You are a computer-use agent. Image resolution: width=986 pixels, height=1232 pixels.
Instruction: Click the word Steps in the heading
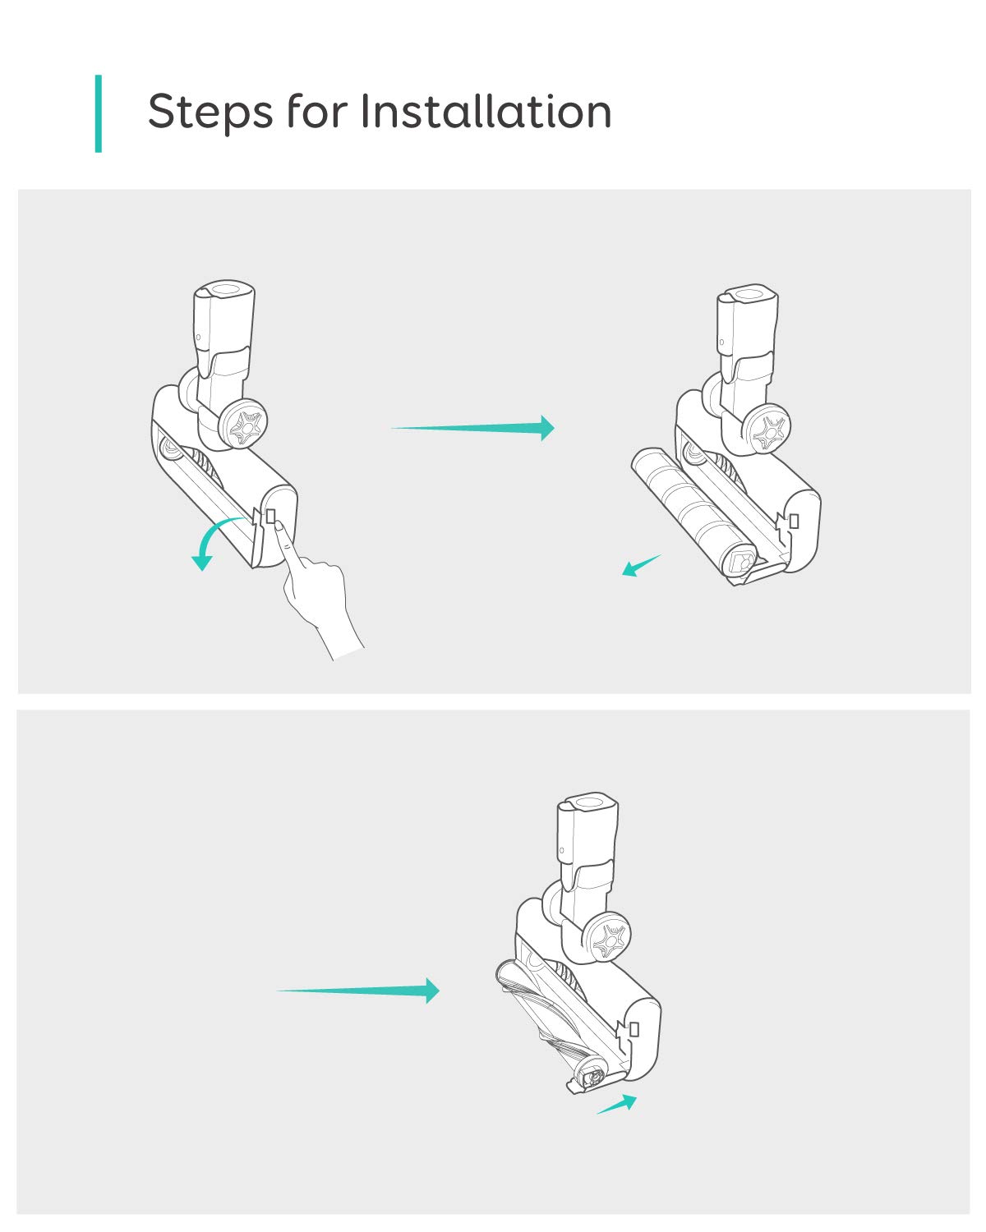(x=210, y=111)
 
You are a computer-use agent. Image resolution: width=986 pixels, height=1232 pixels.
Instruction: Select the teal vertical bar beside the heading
(x=99, y=113)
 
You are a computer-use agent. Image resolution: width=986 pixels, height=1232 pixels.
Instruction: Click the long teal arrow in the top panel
(x=472, y=428)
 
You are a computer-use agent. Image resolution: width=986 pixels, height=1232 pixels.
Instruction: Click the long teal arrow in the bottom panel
(x=358, y=991)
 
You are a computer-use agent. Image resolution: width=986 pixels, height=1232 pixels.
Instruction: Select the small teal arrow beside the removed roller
(x=642, y=565)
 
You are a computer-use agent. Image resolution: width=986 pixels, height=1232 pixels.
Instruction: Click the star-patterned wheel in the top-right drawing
(x=767, y=430)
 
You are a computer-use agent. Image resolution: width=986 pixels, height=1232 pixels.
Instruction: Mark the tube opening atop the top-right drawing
(x=749, y=294)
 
